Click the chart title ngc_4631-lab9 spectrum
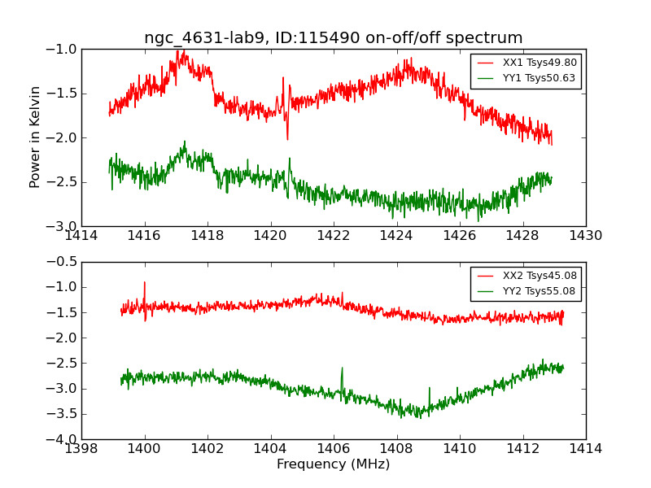pyautogui.click(x=333, y=38)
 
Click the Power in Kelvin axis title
pyautogui.click(x=35, y=137)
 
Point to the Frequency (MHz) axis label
pyautogui.click(x=333, y=464)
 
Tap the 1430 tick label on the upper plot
pyautogui.click(x=585, y=235)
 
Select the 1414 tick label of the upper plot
pyautogui.click(x=81, y=235)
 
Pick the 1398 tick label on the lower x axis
pyautogui.click(x=81, y=448)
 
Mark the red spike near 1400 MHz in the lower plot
pyautogui.click(x=145, y=283)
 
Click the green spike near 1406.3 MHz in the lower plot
pyautogui.click(x=342, y=368)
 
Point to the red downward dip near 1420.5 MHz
pyautogui.click(x=286, y=138)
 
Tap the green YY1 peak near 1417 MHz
pyautogui.click(x=185, y=142)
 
